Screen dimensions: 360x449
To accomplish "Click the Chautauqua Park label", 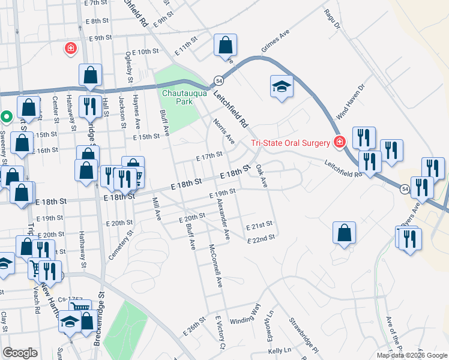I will [x=178, y=97].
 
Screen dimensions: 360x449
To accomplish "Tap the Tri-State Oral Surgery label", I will [x=290, y=143].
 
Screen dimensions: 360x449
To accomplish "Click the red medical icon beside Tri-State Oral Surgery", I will [x=340, y=142].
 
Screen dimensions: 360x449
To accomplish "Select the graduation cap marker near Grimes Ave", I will [x=282, y=86].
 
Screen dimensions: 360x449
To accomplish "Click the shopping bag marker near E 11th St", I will [x=226, y=45].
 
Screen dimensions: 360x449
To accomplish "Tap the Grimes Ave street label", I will [x=276, y=40].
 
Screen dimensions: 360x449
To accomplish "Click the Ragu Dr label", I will [x=331, y=19].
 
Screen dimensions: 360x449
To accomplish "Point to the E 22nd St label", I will [x=261, y=238].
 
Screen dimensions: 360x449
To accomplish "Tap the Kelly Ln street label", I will [x=279, y=350].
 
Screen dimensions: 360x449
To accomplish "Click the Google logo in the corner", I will [x=20, y=353].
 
